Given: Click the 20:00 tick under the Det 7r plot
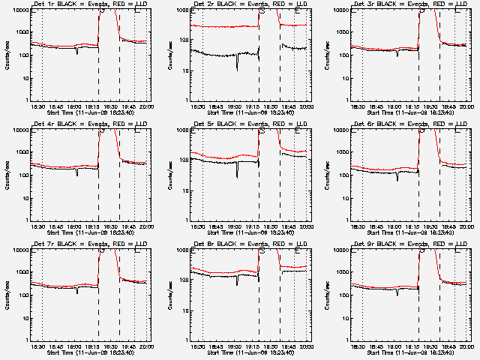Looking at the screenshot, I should [x=145, y=346].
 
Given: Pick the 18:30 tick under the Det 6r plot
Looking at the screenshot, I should [x=358, y=226].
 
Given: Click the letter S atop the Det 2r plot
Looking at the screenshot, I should [x=261, y=12].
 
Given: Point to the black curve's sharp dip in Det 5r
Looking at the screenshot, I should [x=237, y=175].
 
